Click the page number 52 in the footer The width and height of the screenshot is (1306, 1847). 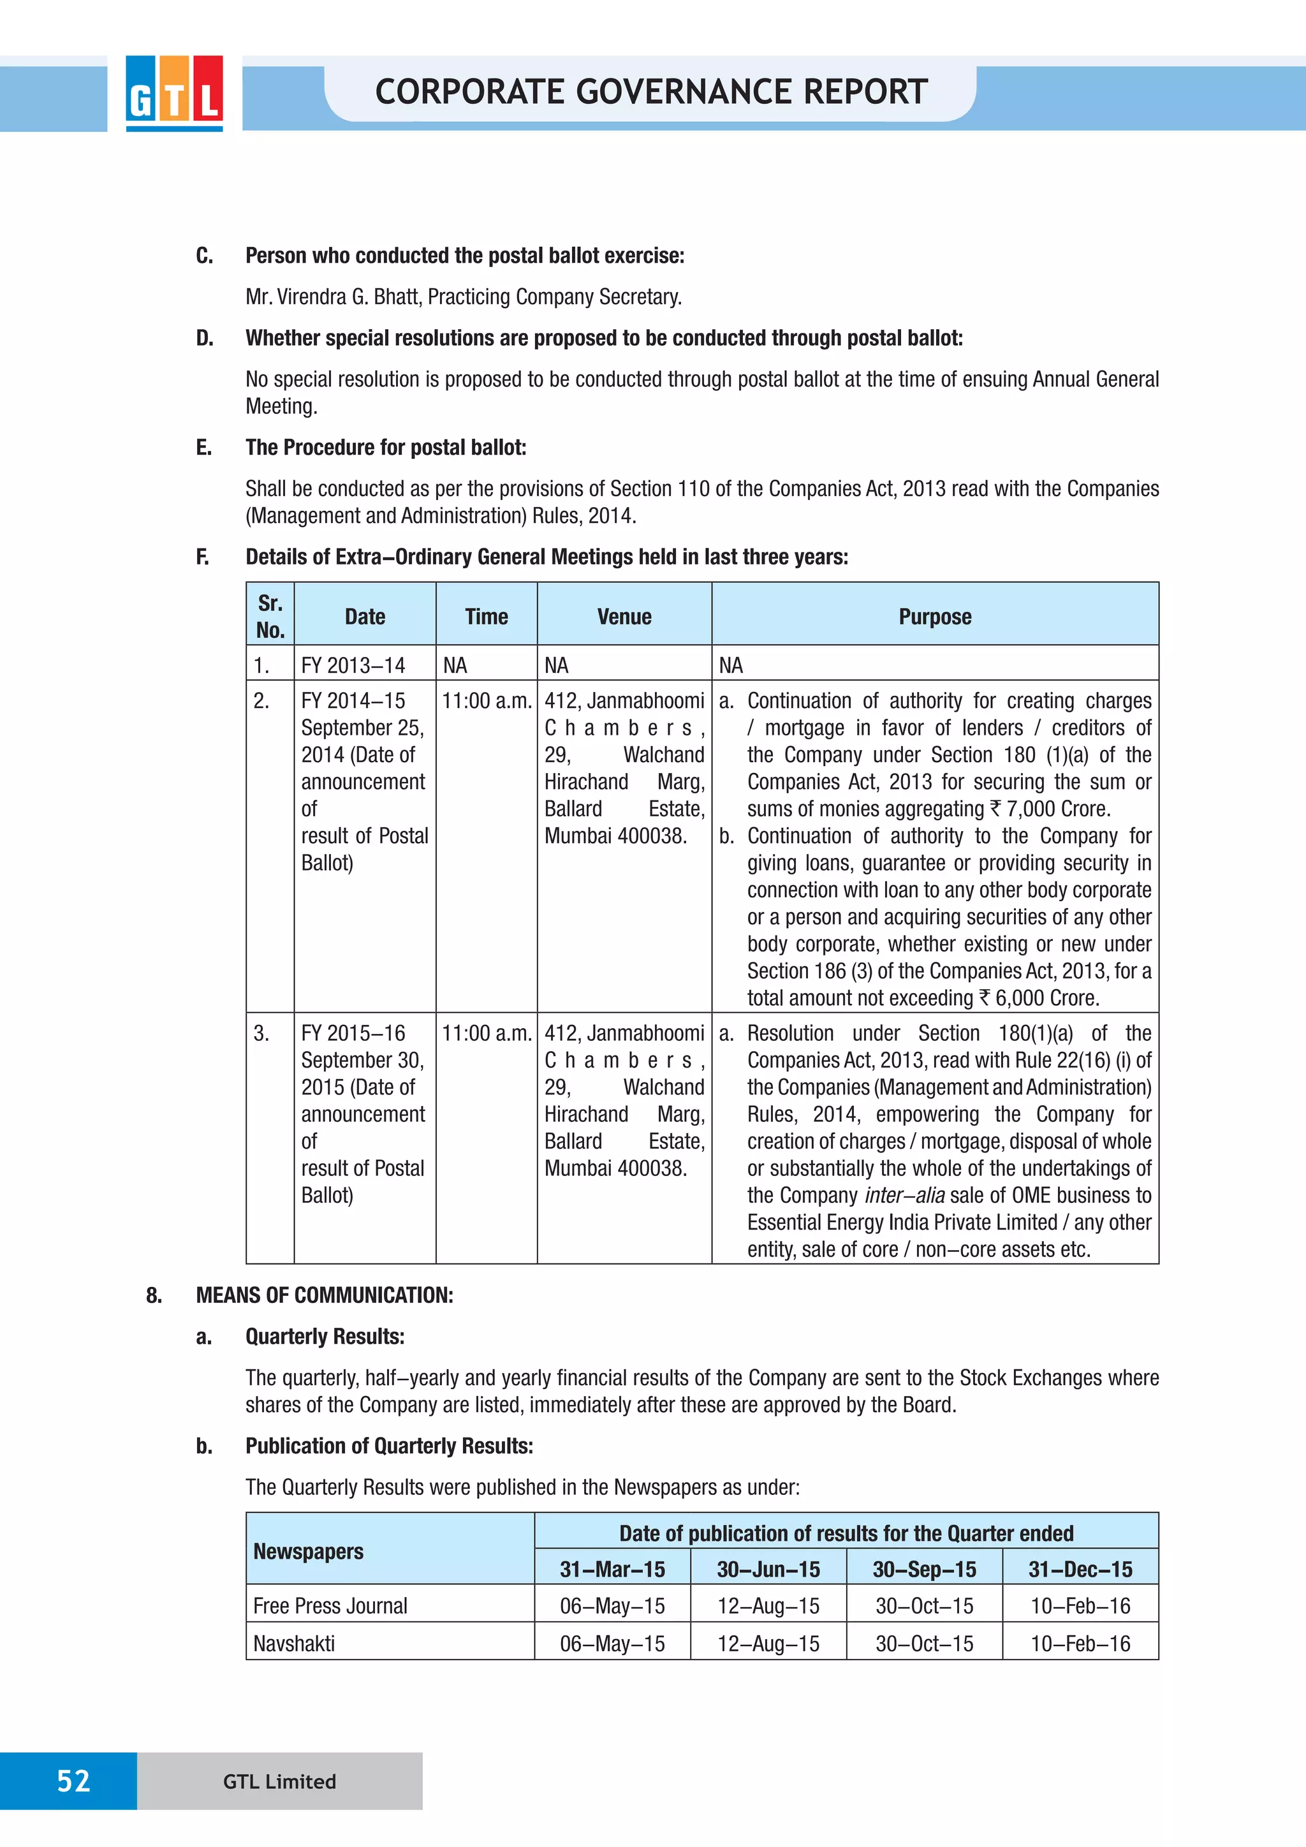pos(73,1780)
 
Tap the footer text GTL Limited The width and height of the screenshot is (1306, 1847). pos(279,1781)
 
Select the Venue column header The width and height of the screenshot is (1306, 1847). pos(624,617)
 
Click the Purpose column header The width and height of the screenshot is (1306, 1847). pos(934,617)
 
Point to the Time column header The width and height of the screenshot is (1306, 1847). pos(486,617)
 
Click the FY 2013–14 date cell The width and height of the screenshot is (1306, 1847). pos(353,665)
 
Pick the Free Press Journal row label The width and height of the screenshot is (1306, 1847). pos(330,1606)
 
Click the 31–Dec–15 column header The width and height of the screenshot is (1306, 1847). pos(1080,1569)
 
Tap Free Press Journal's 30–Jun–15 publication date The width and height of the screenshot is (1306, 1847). pos(768,1606)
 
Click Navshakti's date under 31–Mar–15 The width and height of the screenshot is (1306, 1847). pos(612,1644)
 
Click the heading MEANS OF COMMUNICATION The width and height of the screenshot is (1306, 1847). pos(324,1295)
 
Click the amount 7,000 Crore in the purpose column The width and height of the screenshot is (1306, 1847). pos(1057,809)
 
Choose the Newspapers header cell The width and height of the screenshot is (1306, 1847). pos(308,1551)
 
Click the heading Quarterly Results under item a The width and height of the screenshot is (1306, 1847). pos(324,1336)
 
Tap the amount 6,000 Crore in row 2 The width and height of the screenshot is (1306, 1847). pos(1045,997)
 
